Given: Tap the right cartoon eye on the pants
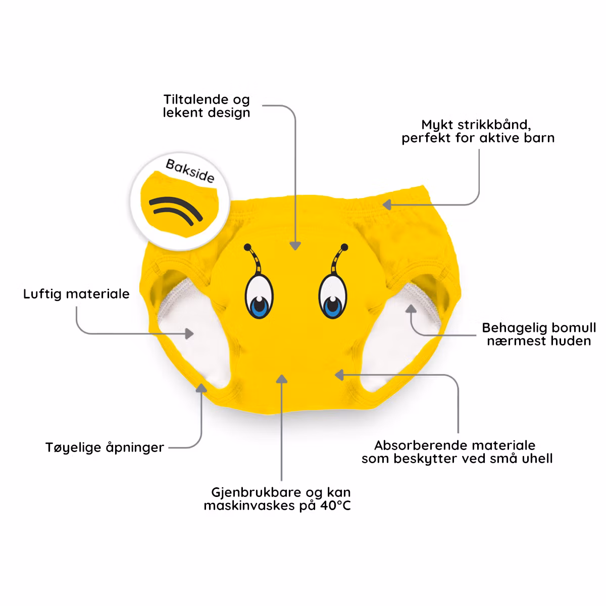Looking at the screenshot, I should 332,297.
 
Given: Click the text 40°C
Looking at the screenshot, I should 335,506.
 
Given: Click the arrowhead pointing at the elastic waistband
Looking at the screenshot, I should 386,205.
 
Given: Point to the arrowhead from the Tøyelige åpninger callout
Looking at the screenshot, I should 202,388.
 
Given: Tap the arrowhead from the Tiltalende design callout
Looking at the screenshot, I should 295,245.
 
